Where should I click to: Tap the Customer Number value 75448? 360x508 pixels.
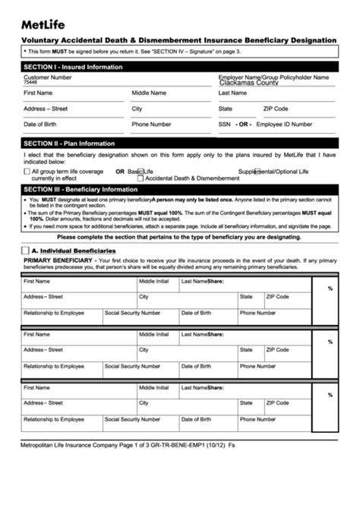(x=30, y=83)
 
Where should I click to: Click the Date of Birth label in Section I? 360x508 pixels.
(x=39, y=124)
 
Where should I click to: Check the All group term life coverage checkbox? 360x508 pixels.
(x=27, y=172)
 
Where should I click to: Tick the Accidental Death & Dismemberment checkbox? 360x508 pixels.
(x=141, y=178)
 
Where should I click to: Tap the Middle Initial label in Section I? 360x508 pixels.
(x=149, y=93)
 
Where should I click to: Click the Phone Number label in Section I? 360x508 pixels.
(x=151, y=124)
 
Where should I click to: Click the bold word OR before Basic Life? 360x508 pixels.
(x=120, y=172)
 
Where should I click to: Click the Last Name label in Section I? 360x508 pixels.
(x=232, y=93)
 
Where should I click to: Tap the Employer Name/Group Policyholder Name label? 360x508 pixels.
(x=273, y=77)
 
